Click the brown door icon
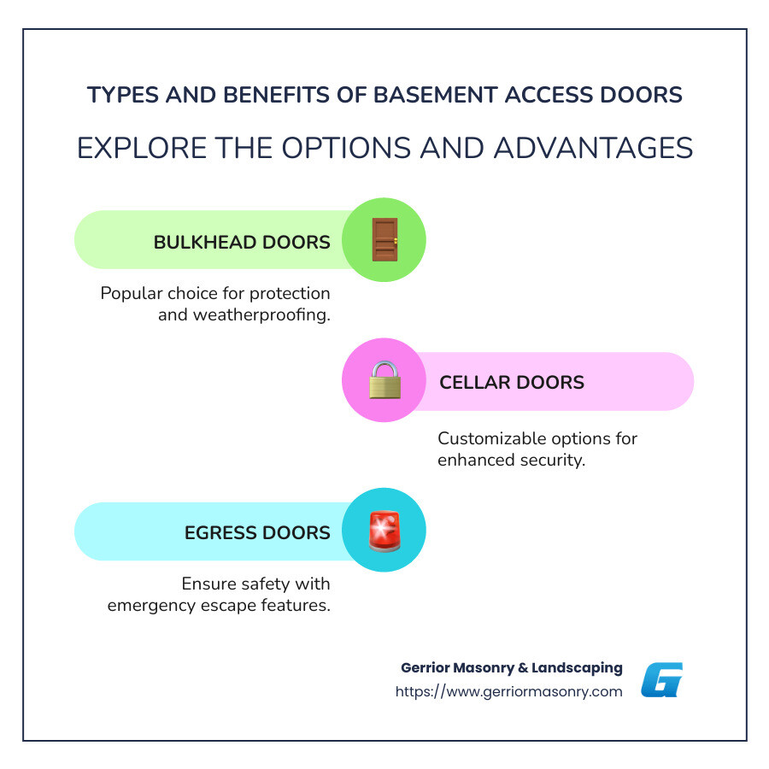click(384, 240)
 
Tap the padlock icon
click(384, 380)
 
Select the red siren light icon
click(384, 531)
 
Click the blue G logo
click(662, 680)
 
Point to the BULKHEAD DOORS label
click(242, 242)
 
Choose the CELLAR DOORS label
click(512, 382)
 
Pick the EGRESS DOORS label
click(257, 532)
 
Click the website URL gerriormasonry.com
click(508, 691)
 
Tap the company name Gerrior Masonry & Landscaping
click(511, 667)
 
